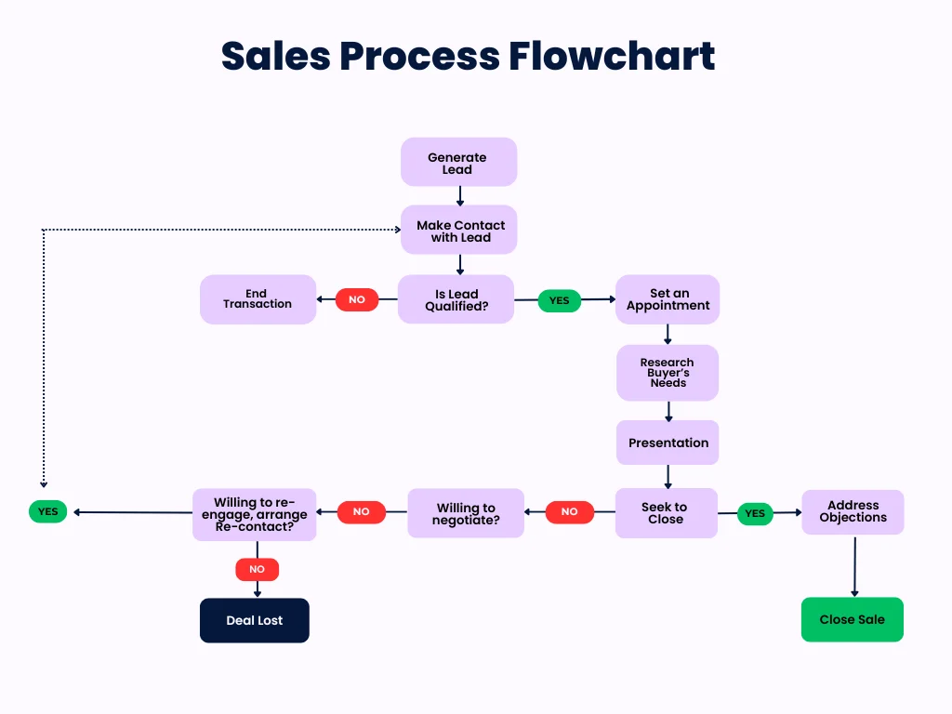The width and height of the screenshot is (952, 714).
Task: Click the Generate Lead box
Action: tap(458, 163)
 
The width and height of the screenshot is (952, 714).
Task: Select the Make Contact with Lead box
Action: tap(458, 231)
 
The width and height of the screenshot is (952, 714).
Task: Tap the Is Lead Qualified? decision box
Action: tap(456, 299)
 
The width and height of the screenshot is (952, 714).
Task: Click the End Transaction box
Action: tap(258, 299)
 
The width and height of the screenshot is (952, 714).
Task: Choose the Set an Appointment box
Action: tap(668, 299)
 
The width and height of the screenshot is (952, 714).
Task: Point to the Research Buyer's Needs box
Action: tap(668, 373)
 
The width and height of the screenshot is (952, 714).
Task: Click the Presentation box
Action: tap(668, 443)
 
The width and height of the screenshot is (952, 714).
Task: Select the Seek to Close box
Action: tap(666, 513)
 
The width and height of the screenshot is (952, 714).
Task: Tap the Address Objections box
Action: tap(853, 512)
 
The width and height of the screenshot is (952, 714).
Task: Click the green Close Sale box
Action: tap(852, 619)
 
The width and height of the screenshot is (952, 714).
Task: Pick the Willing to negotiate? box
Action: tap(466, 513)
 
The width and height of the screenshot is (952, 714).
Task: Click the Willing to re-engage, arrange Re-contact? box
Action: tap(255, 514)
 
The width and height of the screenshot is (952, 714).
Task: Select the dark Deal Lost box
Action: tap(254, 620)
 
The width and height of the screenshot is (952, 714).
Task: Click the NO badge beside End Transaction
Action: tap(357, 299)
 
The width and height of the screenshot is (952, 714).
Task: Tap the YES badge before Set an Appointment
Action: tap(559, 300)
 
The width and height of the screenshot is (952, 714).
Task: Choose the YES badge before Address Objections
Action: tap(755, 513)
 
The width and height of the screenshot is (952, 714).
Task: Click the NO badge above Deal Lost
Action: tap(257, 569)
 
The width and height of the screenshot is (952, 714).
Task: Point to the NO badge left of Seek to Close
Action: tap(569, 511)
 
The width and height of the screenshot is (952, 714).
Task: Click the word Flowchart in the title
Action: tap(612, 57)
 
